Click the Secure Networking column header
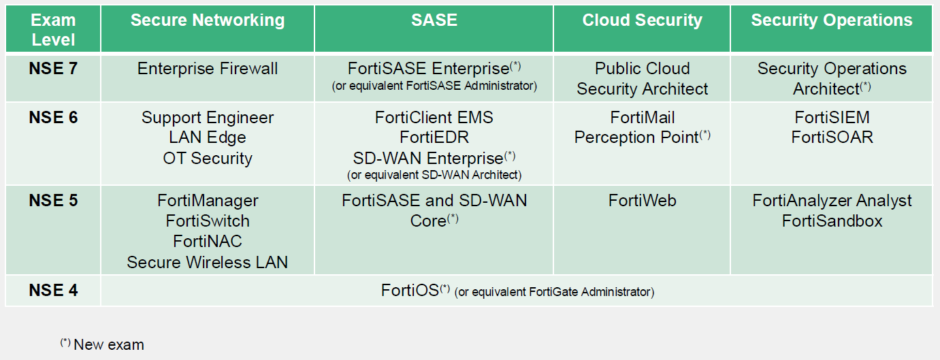[x=208, y=20]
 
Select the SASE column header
[x=434, y=20]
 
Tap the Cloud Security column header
[x=642, y=20]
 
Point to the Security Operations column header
[x=832, y=20]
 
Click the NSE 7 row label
[x=53, y=68]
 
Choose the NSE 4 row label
[x=53, y=290]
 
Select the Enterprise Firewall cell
[x=208, y=68]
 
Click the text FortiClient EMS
[x=434, y=118]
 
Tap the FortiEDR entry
[x=434, y=137]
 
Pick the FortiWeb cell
[x=642, y=201]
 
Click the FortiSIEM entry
[x=832, y=118]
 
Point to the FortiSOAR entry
[x=832, y=137]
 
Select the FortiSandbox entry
[x=832, y=221]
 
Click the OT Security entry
[x=208, y=159]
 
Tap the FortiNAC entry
[x=208, y=242]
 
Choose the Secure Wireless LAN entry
[x=208, y=262]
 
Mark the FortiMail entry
[x=642, y=118]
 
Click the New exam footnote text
[x=109, y=344]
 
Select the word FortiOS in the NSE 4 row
[x=410, y=290]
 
